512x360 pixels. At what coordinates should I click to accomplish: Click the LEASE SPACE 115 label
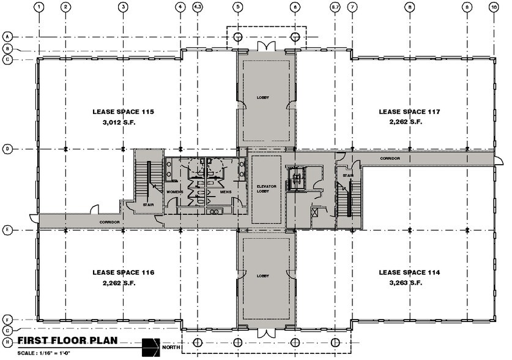coord(122,112)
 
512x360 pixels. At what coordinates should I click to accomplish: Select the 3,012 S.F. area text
coord(122,122)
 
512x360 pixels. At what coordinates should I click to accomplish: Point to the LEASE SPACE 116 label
coord(122,272)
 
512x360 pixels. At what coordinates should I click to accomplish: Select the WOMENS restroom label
coord(176,192)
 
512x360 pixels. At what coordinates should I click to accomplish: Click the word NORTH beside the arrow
coord(171,348)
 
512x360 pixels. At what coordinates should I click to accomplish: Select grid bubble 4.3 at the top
coord(198,7)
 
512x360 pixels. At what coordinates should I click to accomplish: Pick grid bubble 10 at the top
coord(493,7)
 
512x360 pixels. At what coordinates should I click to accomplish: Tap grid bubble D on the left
coord(8,149)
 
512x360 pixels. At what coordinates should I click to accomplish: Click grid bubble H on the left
coord(8,340)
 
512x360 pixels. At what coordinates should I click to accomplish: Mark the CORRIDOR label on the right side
coord(389,159)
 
